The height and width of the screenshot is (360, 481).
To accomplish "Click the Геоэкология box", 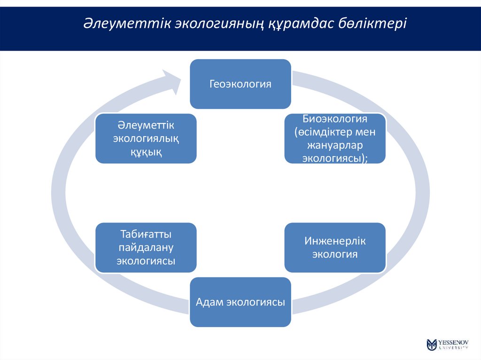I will coord(240,84).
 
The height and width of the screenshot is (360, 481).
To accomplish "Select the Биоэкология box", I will coord(335,138).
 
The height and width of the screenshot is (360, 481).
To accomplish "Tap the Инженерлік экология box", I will coord(335,247).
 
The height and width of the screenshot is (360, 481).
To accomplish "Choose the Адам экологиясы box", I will coord(240,302).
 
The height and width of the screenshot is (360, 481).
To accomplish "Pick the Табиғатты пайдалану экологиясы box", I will coord(146,247).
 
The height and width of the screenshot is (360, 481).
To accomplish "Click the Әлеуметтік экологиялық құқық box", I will coord(146,138).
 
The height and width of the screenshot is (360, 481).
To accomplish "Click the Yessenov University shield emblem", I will coord(432,345).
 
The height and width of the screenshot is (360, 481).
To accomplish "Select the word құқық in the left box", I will coord(146,152).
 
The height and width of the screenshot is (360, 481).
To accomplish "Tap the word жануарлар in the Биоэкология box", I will coord(335,145).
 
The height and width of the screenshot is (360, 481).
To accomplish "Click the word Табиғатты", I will coord(146,234).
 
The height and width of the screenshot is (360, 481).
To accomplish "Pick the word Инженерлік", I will coord(335,241).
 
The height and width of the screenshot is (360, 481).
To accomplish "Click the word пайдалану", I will coord(146,247).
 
